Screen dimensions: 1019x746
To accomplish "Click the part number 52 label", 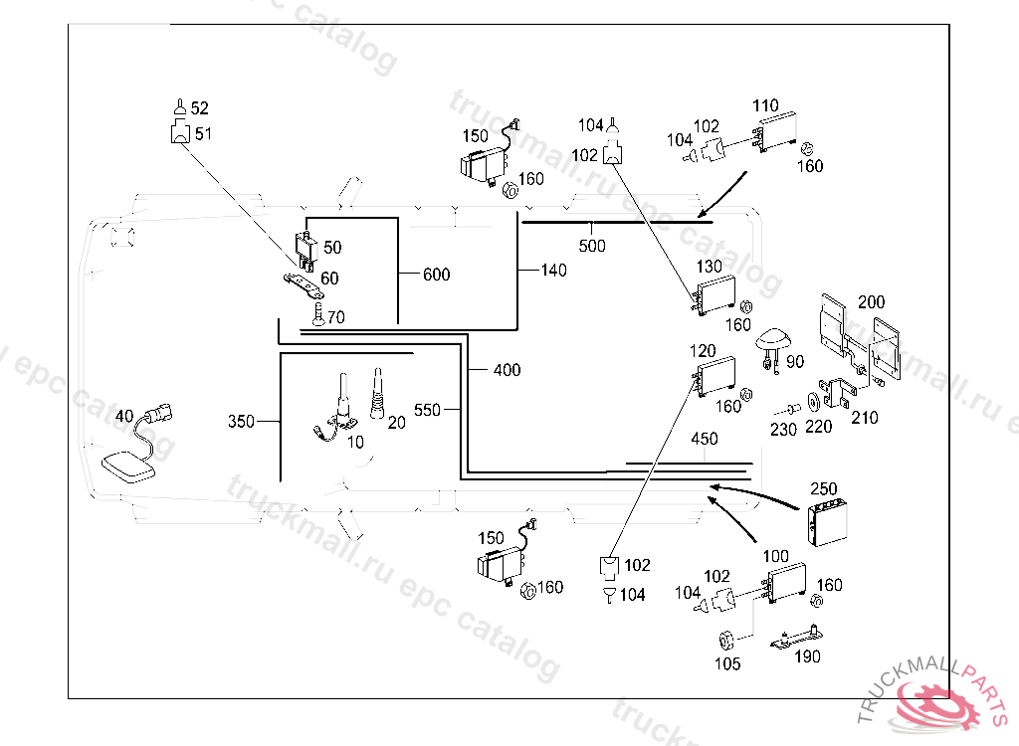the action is pyautogui.click(x=199, y=107).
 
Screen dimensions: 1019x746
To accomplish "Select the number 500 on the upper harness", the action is pyautogui.click(x=592, y=246).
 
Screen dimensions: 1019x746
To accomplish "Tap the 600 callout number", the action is pyautogui.click(x=437, y=275).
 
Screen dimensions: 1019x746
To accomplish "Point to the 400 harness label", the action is pyautogui.click(x=507, y=370).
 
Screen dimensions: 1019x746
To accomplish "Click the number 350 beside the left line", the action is pyautogui.click(x=241, y=421).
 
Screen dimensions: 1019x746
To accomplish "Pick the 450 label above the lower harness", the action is pyautogui.click(x=705, y=439).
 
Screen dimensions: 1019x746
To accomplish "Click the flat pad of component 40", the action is pyautogui.click(x=128, y=466).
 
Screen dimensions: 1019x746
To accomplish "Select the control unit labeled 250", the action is pyautogui.click(x=828, y=522).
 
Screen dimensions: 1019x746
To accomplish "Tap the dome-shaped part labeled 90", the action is pyautogui.click(x=771, y=340).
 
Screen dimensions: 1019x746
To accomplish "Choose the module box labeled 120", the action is pyautogui.click(x=715, y=376).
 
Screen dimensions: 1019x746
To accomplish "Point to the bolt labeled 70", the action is pyautogui.click(x=317, y=315).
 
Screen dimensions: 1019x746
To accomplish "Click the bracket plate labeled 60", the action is pyautogui.click(x=302, y=283).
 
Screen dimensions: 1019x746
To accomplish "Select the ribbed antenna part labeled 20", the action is pyautogui.click(x=377, y=394).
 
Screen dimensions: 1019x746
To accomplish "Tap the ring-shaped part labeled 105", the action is pyautogui.click(x=725, y=641).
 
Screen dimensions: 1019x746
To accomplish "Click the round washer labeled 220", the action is pyautogui.click(x=813, y=402).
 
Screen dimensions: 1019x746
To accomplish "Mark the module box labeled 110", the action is pyautogui.click(x=774, y=132).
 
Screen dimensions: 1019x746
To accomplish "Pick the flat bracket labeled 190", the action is pyautogui.click(x=797, y=638).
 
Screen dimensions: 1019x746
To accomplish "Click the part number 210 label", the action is pyautogui.click(x=865, y=417).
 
